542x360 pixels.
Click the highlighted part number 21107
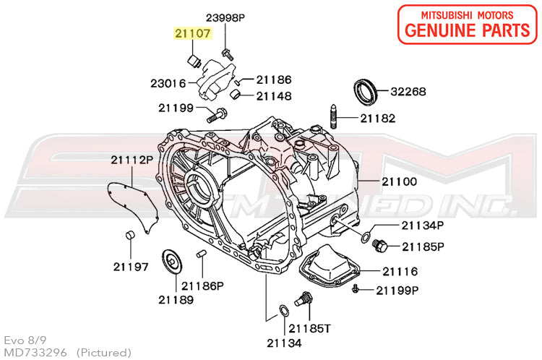point(190,33)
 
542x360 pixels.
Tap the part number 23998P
point(225,17)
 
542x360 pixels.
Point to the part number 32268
point(408,92)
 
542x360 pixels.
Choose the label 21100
point(400,181)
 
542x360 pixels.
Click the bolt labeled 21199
point(215,114)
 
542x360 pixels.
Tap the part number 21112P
point(132,159)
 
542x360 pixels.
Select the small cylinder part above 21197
point(131,235)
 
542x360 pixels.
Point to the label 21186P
point(203,286)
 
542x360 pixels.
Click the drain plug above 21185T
point(306,299)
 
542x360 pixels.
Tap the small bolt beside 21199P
point(356,290)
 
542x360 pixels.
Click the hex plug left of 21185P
point(379,247)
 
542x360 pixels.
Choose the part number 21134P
point(422,225)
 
